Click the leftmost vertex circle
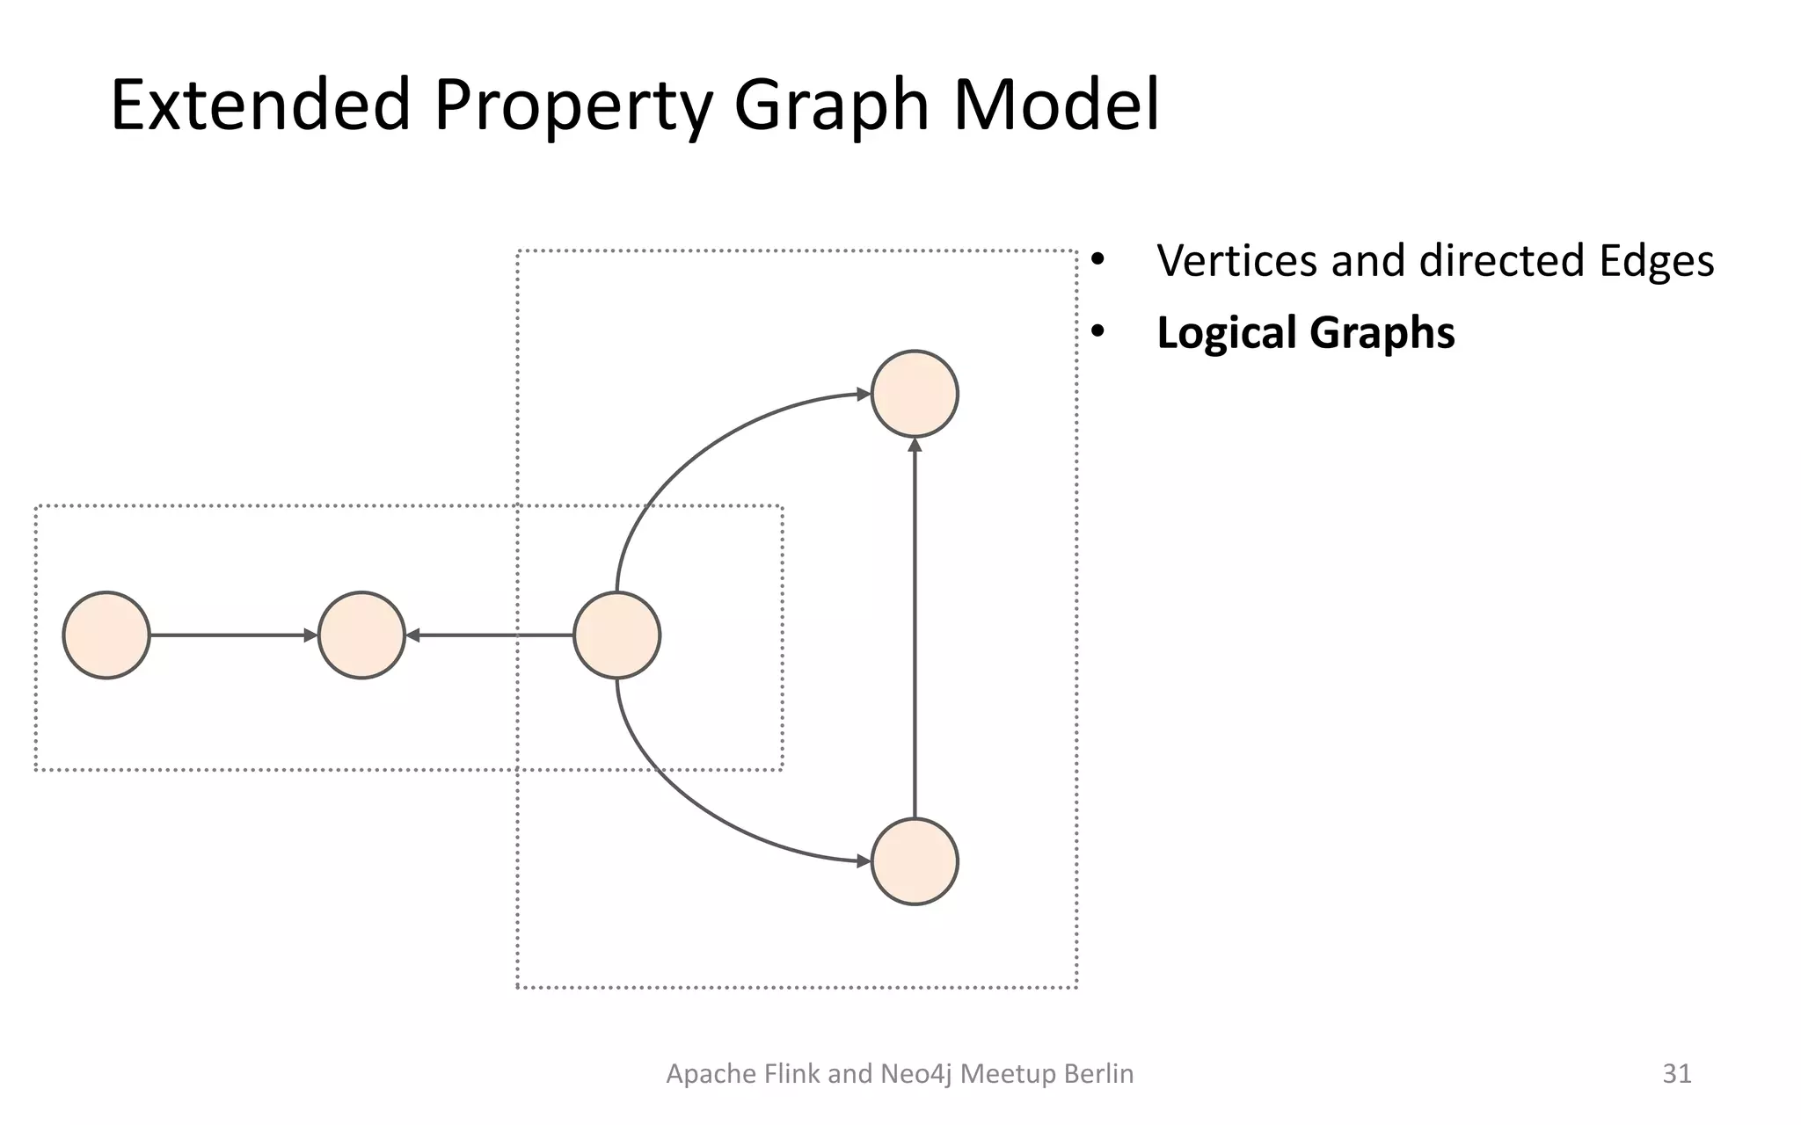106,635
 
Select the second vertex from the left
361,635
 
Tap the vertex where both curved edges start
616,635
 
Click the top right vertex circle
915,394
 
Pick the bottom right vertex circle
915,861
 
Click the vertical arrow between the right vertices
915,628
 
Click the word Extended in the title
260,105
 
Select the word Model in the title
1056,105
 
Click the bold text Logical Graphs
1305,333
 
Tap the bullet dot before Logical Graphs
1097,333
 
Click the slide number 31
1677,1073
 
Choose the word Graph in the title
831,105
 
